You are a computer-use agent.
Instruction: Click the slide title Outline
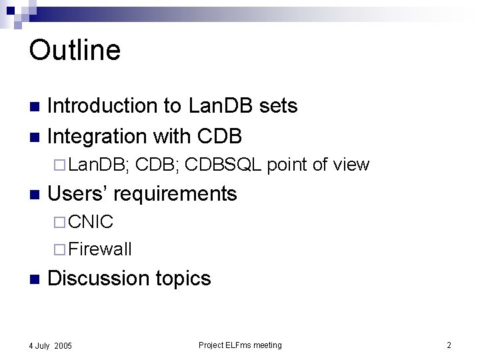click(75, 50)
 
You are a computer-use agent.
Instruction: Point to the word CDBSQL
click(224, 165)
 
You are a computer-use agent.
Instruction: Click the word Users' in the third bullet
click(79, 193)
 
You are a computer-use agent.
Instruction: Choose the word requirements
click(177, 194)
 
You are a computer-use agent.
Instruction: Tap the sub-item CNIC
click(91, 221)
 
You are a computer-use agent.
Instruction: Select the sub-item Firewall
click(100, 249)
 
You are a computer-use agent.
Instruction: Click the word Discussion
click(98, 278)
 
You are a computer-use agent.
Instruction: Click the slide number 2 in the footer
click(449, 345)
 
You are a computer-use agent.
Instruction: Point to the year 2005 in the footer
click(63, 345)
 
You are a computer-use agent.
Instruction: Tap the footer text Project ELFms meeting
click(240, 345)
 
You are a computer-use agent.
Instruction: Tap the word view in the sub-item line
click(352, 165)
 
